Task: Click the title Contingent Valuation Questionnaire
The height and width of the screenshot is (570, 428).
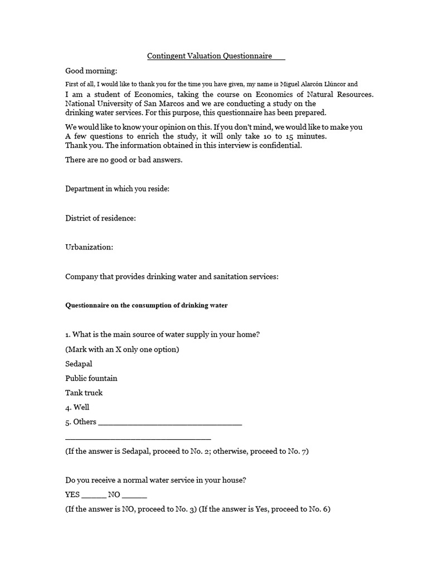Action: (x=210, y=56)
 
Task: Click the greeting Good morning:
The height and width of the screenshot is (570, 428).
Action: (x=91, y=71)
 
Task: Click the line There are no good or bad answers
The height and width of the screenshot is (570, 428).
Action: (x=124, y=160)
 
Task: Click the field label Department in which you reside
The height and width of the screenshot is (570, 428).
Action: (x=117, y=189)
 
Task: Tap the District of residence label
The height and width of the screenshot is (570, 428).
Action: (x=100, y=218)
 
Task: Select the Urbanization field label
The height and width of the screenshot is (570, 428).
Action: (x=89, y=247)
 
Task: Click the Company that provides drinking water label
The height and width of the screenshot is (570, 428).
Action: (x=172, y=277)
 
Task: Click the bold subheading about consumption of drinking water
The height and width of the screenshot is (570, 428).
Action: (x=147, y=306)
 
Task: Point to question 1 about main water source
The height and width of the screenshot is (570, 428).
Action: (x=162, y=335)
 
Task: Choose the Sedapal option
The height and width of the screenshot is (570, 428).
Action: (x=79, y=363)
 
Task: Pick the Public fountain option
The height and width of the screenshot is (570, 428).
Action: (x=91, y=378)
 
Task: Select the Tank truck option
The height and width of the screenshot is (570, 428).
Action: (x=84, y=392)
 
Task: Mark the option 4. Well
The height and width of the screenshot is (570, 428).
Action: (x=77, y=407)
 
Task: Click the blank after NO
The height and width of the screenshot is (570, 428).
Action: (x=134, y=495)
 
